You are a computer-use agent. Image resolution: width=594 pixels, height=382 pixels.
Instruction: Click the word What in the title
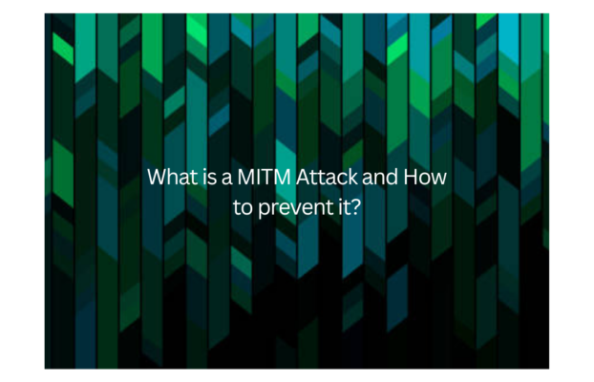click(x=172, y=177)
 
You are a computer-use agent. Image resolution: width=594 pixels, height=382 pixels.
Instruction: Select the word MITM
click(x=264, y=177)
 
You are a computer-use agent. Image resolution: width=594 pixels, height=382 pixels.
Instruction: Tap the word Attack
click(x=327, y=177)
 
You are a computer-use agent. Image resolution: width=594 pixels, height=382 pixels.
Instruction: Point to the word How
click(x=425, y=177)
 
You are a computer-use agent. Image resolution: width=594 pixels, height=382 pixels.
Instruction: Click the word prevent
click(x=294, y=208)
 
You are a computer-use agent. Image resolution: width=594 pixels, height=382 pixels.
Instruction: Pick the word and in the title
click(x=380, y=177)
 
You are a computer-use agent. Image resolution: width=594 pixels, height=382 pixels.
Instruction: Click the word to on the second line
click(x=243, y=208)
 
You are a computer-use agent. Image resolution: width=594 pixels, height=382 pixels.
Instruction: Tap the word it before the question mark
click(x=339, y=207)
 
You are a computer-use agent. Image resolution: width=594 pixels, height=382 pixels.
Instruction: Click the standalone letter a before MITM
click(x=226, y=179)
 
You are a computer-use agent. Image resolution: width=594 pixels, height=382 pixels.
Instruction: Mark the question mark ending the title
click(x=353, y=207)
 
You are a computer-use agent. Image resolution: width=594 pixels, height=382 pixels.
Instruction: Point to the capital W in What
click(x=158, y=177)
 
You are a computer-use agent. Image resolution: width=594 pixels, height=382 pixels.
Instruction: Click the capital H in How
click(x=411, y=177)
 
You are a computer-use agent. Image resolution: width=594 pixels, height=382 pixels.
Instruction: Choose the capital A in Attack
click(x=303, y=177)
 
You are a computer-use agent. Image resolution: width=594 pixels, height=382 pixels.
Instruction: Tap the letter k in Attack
click(x=352, y=177)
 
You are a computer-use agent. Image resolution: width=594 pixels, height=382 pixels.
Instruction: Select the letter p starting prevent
click(x=264, y=210)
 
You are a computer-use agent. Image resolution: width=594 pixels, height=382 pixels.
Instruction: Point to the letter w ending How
click(x=438, y=179)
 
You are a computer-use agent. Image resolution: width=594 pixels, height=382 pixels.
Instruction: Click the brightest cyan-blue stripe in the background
click(x=509, y=37)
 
